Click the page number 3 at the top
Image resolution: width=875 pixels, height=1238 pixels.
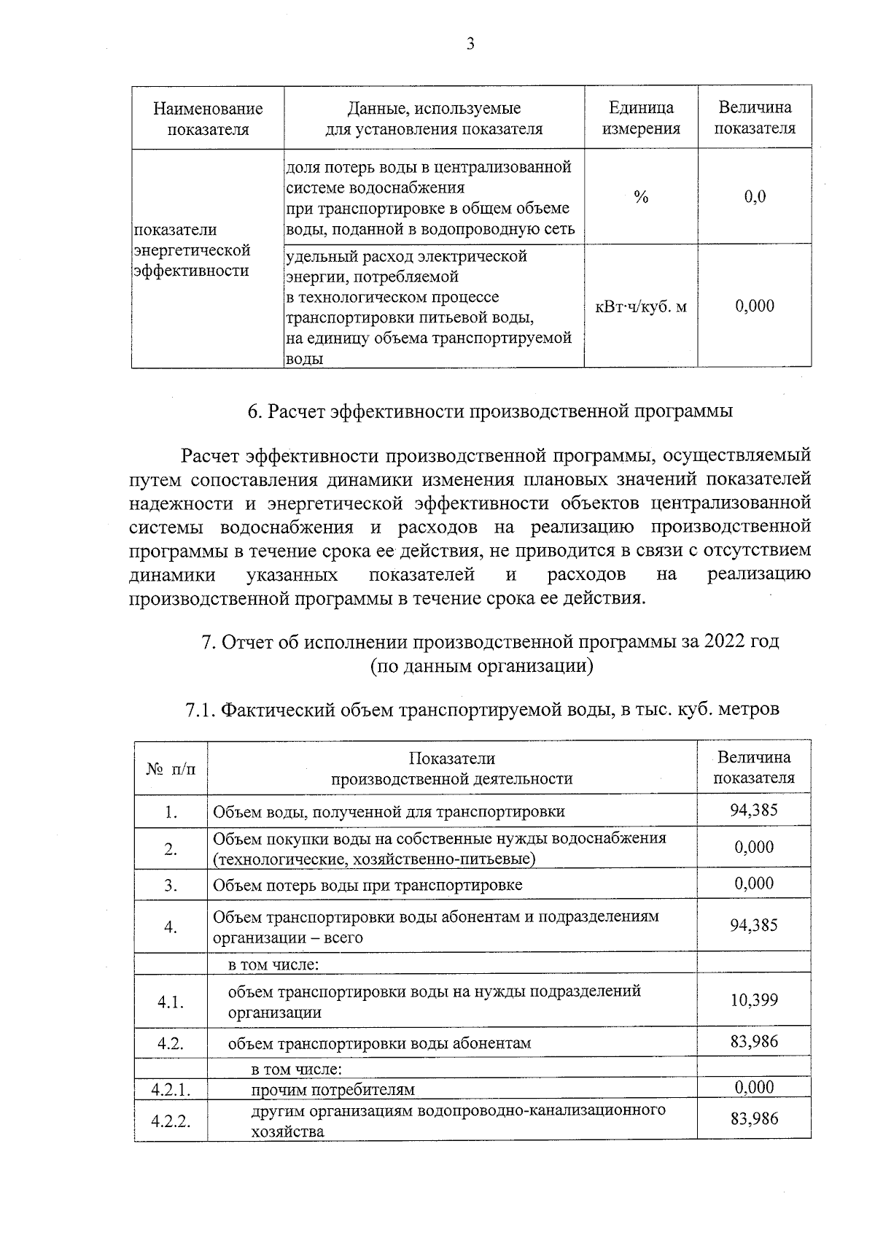[x=470, y=45]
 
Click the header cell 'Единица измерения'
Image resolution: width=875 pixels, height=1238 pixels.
[x=641, y=118]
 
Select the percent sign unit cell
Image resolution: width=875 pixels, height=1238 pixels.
[x=641, y=197]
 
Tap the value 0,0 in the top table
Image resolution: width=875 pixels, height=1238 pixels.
[x=755, y=197]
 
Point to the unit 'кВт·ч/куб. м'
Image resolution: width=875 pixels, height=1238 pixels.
[x=641, y=306]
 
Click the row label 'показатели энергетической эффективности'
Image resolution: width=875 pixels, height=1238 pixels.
[x=191, y=250]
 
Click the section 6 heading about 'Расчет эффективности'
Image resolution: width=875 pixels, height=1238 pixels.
[x=490, y=411]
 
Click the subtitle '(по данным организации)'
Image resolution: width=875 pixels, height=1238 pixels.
[x=481, y=665]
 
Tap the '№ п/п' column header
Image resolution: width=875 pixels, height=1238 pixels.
[x=171, y=769]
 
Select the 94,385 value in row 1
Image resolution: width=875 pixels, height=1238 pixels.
[x=754, y=810]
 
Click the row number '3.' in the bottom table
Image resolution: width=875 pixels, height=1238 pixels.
[x=171, y=886]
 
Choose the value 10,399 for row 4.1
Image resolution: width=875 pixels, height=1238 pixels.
[x=754, y=999]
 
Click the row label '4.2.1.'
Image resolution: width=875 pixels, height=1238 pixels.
[x=171, y=1090]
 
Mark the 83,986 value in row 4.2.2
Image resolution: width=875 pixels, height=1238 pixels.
[x=754, y=1118]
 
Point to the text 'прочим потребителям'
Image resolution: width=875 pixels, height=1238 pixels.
[x=332, y=1090]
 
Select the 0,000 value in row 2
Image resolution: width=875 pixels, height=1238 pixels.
[x=754, y=847]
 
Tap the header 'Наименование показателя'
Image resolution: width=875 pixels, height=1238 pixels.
[x=208, y=118]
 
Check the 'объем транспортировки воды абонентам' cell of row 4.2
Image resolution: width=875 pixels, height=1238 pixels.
[x=379, y=1043]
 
